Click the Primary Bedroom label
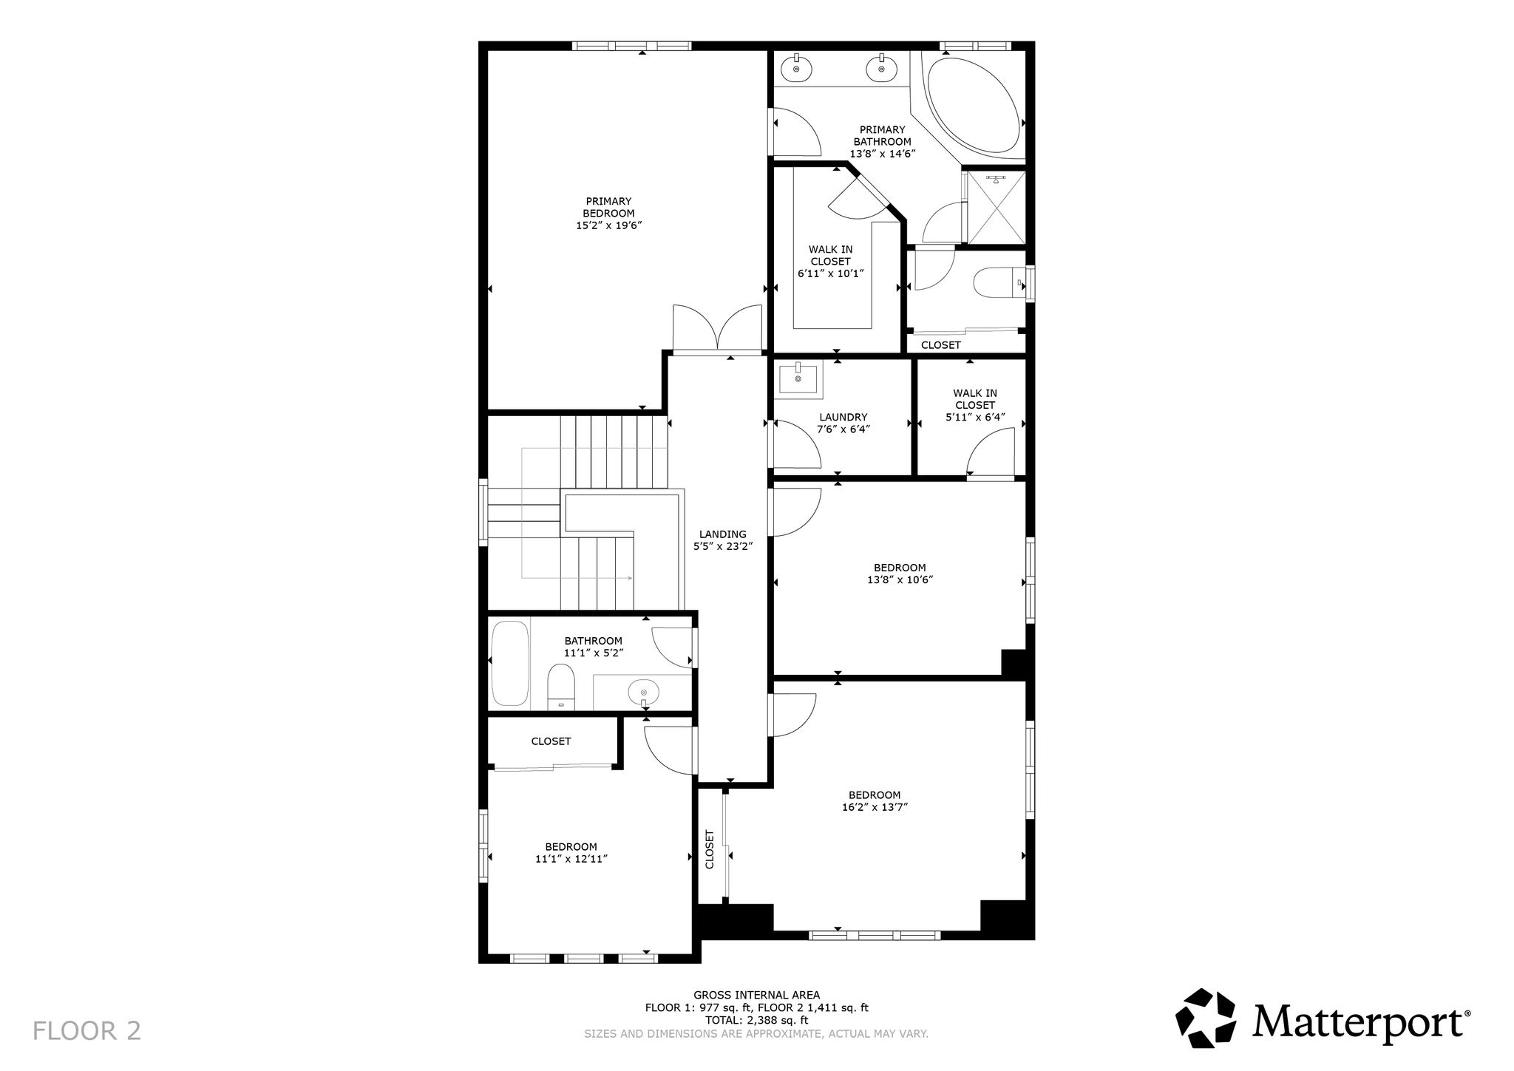pyautogui.click(x=608, y=213)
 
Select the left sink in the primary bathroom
pyautogui.click(x=797, y=68)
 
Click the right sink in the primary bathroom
pyautogui.click(x=881, y=68)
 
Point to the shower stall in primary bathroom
pyautogui.click(x=997, y=207)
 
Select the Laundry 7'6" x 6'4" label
pyautogui.click(x=843, y=423)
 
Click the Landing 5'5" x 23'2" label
pyautogui.click(x=722, y=540)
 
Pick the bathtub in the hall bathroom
pyautogui.click(x=510, y=663)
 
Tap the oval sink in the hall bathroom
pyautogui.click(x=643, y=693)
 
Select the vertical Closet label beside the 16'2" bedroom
pyautogui.click(x=710, y=849)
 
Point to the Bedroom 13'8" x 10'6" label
pyautogui.click(x=900, y=574)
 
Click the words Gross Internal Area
pyautogui.click(x=756, y=995)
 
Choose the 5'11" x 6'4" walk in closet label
pyautogui.click(x=975, y=405)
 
